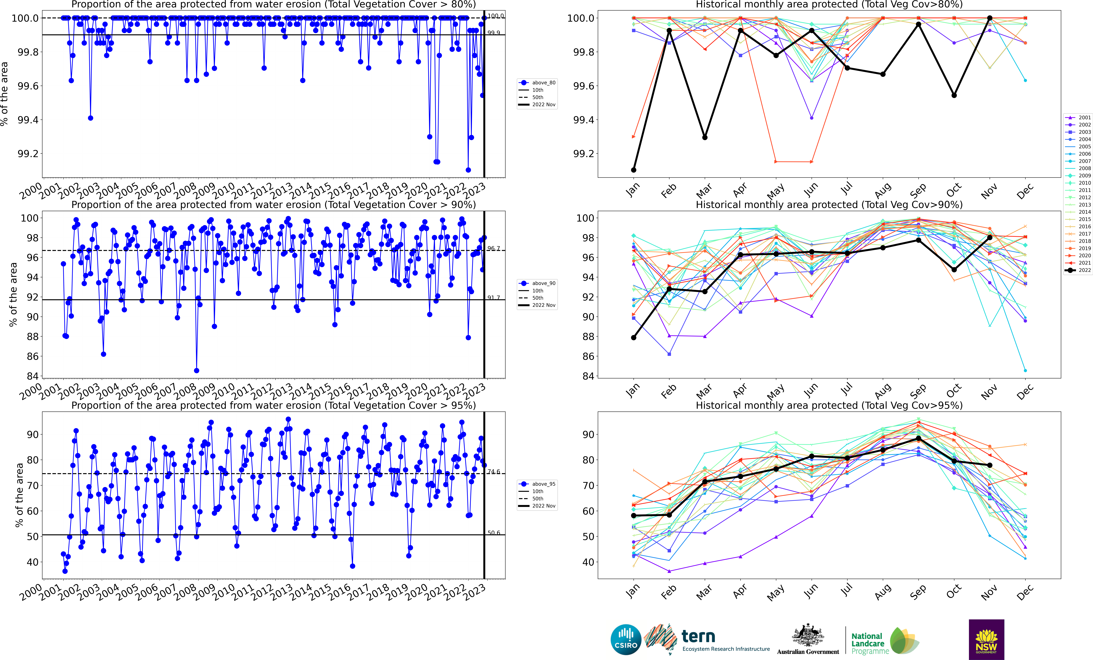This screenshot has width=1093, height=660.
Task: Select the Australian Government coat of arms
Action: click(x=808, y=636)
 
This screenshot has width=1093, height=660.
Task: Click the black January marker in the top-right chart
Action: click(x=633, y=170)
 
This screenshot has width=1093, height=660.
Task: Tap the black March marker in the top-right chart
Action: click(x=705, y=138)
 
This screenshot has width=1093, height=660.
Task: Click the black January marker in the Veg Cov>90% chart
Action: click(x=633, y=338)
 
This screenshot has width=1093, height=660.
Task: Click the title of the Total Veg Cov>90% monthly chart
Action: click(x=829, y=205)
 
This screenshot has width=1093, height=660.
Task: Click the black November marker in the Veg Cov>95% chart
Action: click(x=990, y=465)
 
